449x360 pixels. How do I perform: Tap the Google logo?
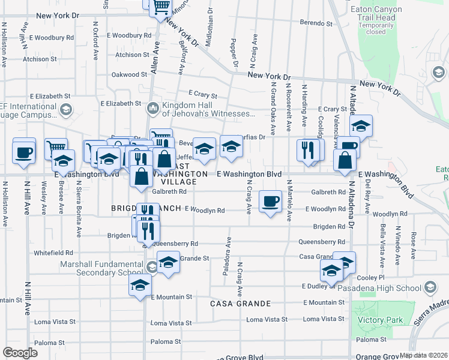click(x=20, y=353)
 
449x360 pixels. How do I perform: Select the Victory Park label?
click(x=381, y=320)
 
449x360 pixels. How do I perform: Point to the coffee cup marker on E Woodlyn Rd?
click(x=270, y=201)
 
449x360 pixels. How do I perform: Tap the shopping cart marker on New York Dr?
click(x=160, y=7)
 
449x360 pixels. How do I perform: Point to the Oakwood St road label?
click(x=129, y=75)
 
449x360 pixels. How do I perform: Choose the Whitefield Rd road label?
click(x=53, y=253)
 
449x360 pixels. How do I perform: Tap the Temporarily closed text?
click(x=376, y=29)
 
